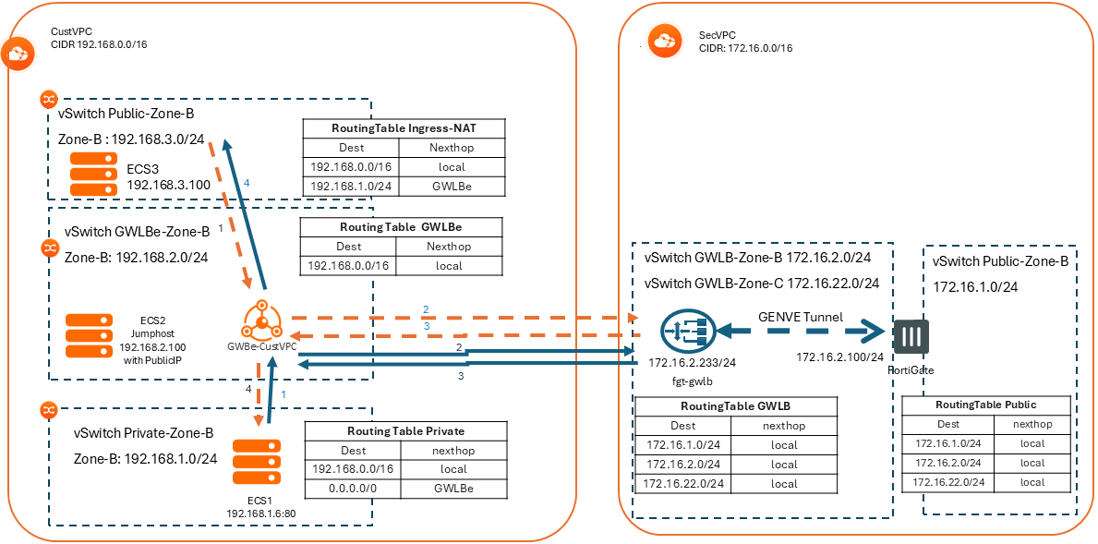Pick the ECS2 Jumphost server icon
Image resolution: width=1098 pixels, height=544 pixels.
point(90,336)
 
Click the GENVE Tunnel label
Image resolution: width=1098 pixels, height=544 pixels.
point(801,317)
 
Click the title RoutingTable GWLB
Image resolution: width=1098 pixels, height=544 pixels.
point(734,405)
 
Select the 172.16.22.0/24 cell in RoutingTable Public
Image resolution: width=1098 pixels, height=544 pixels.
point(948,482)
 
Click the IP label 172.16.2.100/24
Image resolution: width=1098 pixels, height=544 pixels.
point(839,357)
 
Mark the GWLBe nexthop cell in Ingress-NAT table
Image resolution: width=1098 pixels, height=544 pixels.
point(452,187)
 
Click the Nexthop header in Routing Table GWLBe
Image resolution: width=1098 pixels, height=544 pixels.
point(448,247)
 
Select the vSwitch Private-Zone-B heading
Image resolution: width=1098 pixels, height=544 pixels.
point(143,432)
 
